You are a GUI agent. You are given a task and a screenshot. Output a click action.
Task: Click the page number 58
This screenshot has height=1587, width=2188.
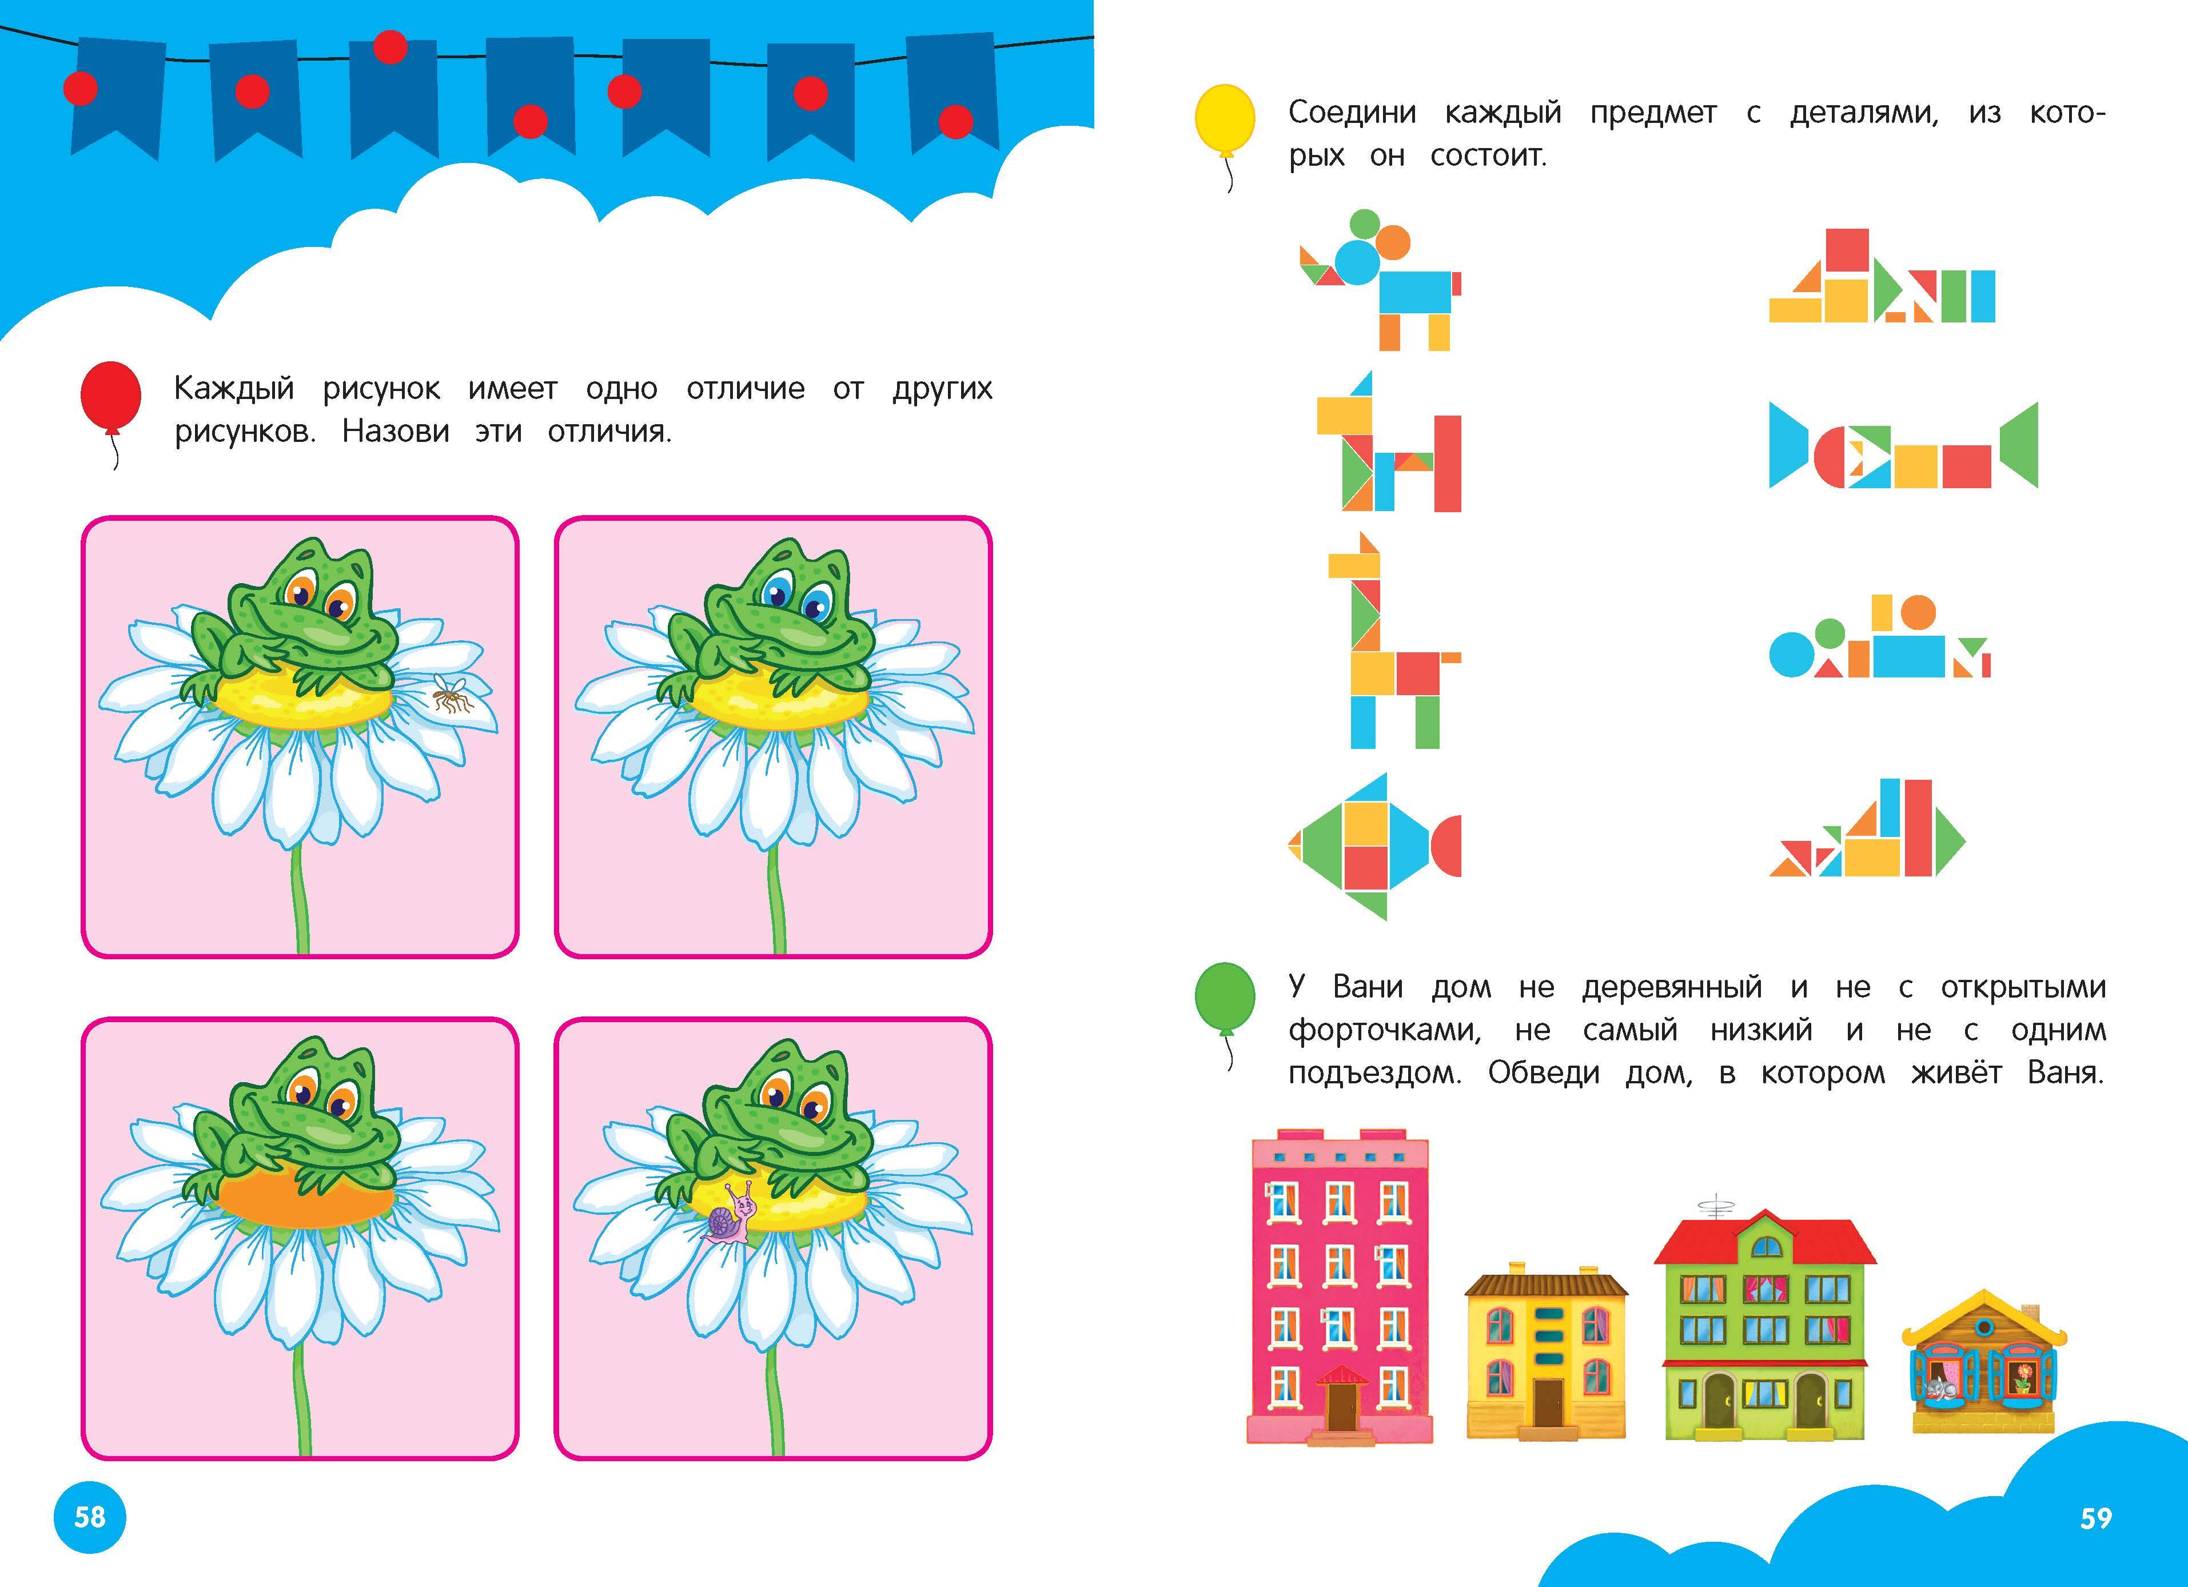(x=90, y=1517)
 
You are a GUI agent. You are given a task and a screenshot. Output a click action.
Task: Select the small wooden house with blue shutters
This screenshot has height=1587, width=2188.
(x=1984, y=1360)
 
